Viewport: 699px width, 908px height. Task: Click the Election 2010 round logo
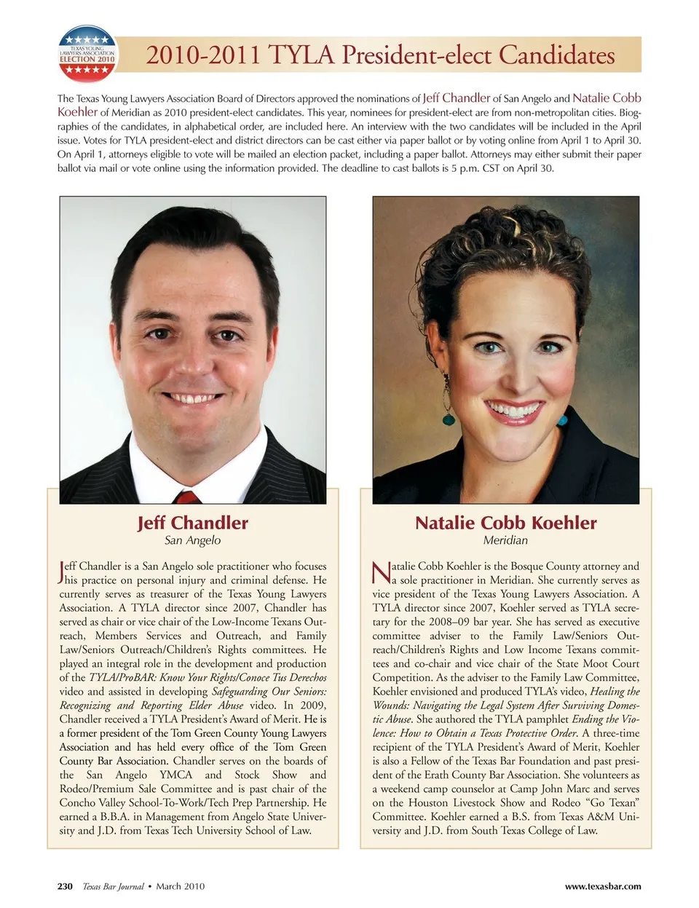pos(87,53)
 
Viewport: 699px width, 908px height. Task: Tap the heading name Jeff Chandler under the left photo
pos(192,523)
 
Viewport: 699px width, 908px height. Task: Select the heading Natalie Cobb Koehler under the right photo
pos(505,523)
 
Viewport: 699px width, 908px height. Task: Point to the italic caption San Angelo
pos(192,540)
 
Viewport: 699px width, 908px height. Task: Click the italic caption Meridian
pos(505,540)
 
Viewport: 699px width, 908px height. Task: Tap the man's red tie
pos(187,497)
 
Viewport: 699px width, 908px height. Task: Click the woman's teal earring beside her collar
pos(562,419)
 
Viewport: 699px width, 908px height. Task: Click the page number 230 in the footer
pos(65,886)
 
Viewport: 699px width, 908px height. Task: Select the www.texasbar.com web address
pos(603,886)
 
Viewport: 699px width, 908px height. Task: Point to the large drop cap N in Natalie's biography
pos(381,572)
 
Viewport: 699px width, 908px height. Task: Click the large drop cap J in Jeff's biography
pos(63,572)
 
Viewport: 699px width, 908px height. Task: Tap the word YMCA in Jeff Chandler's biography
pos(176,775)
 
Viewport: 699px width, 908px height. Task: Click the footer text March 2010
pos(180,886)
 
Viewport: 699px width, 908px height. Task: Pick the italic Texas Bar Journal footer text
pos(113,886)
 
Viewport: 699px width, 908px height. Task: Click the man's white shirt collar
pos(157,466)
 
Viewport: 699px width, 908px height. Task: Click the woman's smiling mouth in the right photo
pos(514,409)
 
